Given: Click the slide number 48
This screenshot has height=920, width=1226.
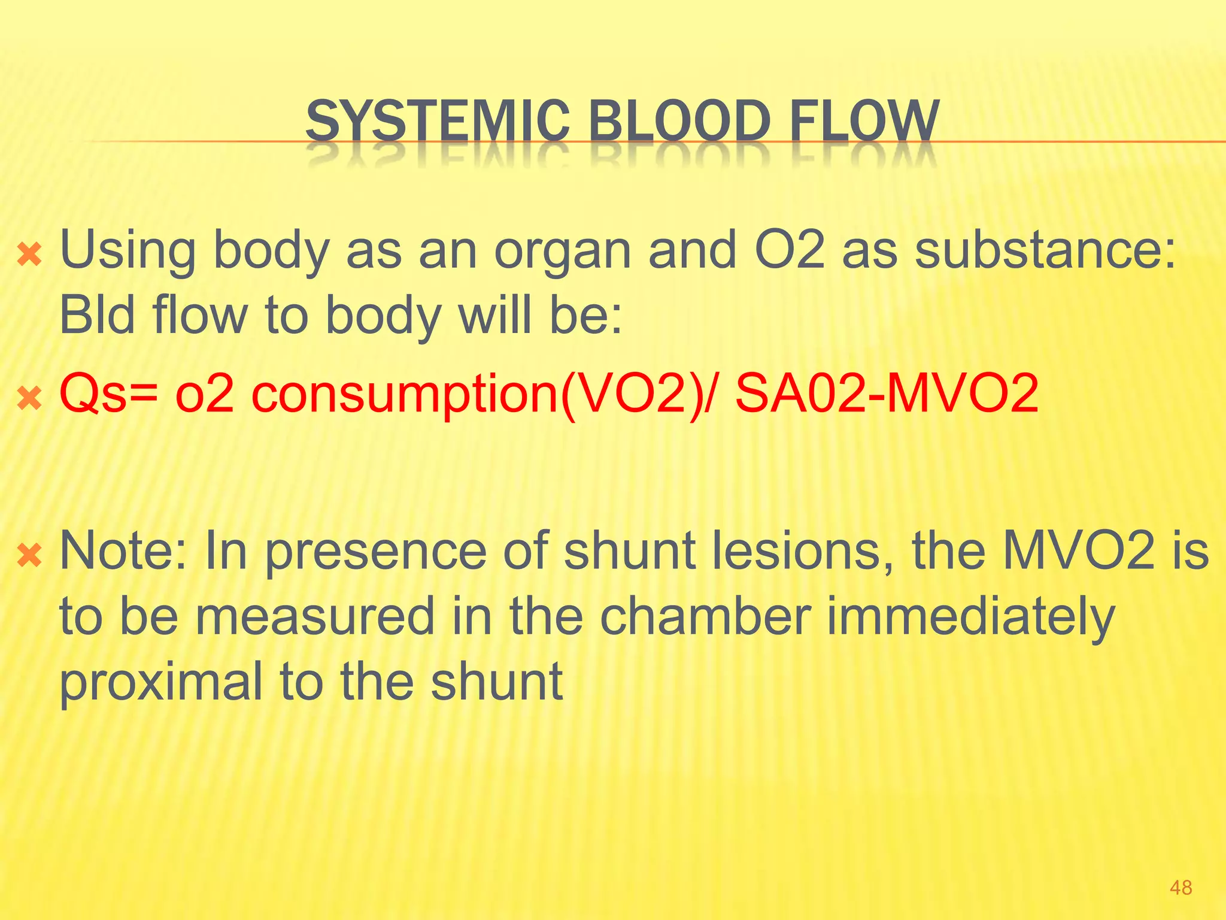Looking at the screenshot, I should point(1181,888).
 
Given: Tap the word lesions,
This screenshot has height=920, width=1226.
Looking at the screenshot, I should point(803,550).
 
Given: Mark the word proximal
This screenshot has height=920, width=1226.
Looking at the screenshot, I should point(161,683).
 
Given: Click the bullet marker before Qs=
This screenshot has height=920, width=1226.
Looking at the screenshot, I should point(29,398).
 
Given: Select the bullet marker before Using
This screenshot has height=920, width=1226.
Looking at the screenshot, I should point(29,255).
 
